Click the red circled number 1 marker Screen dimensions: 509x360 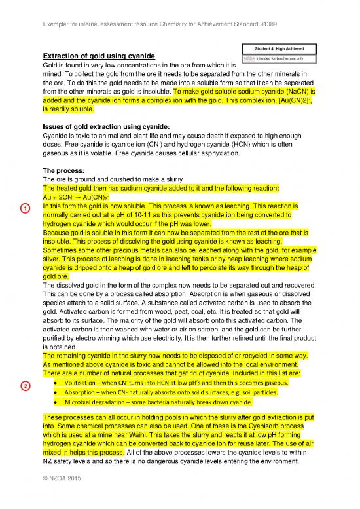(24, 208)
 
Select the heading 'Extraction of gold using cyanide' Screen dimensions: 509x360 (98, 57)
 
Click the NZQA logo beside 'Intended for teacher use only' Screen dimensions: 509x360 (249, 58)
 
